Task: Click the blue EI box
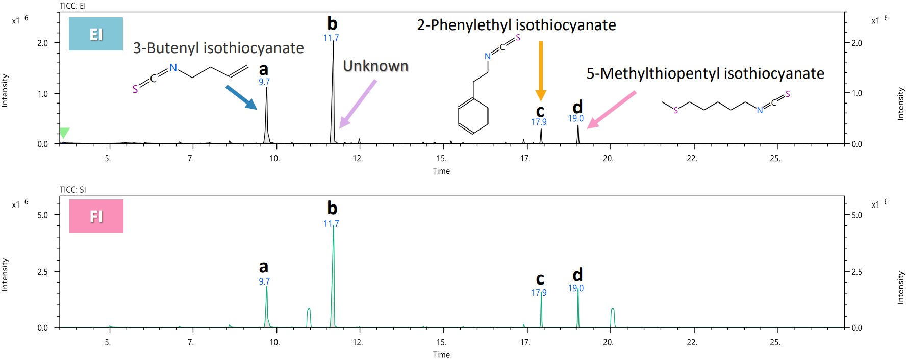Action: [x=96, y=34]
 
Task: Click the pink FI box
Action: [x=96, y=216]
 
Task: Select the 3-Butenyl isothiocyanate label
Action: [x=218, y=48]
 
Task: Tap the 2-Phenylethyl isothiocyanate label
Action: [x=516, y=25]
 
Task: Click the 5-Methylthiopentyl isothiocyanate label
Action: [x=705, y=73]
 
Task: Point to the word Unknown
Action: [x=375, y=66]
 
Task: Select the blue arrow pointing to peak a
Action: [x=241, y=97]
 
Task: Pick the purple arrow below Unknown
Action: [x=358, y=104]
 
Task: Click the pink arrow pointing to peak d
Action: [x=612, y=109]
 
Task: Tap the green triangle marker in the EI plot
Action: [x=64, y=133]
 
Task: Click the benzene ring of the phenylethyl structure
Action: [x=473, y=115]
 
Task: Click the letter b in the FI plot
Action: [x=332, y=208]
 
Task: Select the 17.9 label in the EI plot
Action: [x=539, y=122]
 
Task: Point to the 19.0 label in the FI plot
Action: [x=576, y=288]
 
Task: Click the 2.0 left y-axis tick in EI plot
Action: [x=43, y=43]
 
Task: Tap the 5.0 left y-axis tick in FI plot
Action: [x=43, y=215]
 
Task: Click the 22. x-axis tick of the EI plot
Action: [x=692, y=159]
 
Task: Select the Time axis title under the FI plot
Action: [x=441, y=354]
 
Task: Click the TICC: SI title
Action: [x=73, y=190]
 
